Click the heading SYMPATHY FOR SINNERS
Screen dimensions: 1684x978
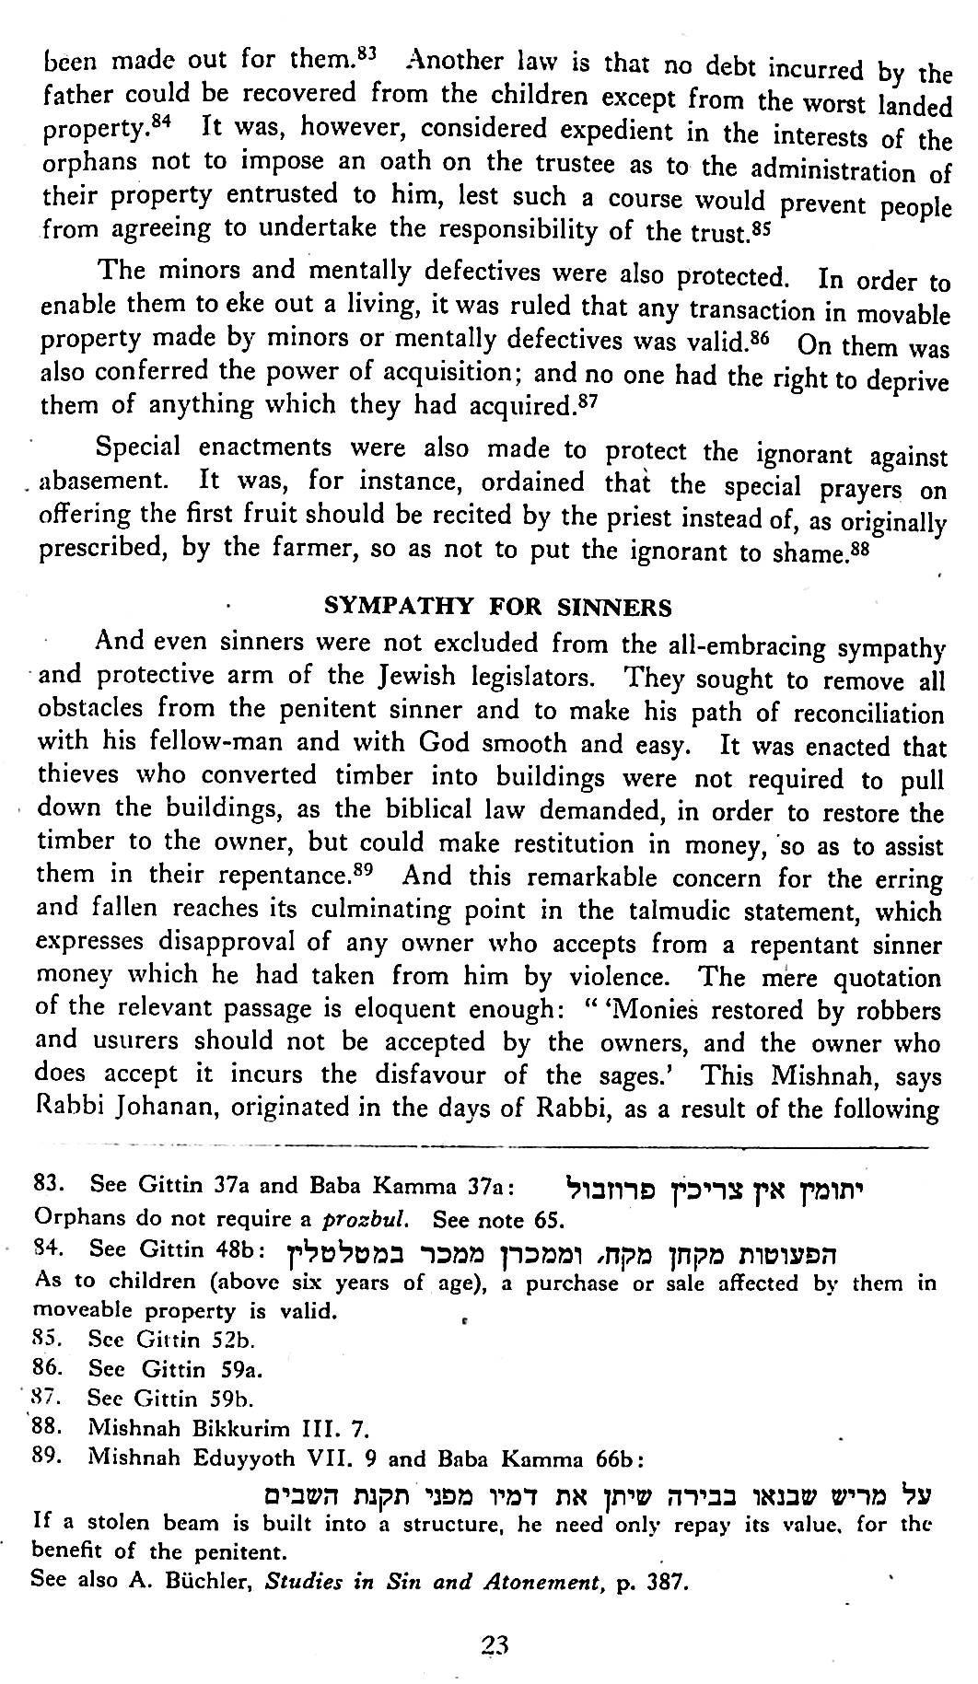pyautogui.click(x=499, y=607)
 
